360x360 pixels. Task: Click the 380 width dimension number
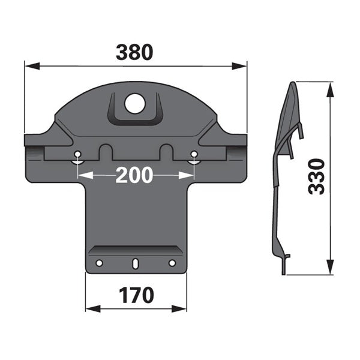(134, 52)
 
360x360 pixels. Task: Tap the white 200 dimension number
(134, 175)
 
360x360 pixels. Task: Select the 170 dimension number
(136, 295)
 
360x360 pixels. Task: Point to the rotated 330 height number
(317, 176)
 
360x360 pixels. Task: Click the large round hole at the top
(135, 103)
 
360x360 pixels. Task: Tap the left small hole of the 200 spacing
(78, 154)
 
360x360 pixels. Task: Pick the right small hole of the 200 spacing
(194, 154)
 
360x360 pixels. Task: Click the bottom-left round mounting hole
(99, 263)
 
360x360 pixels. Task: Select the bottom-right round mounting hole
(172, 263)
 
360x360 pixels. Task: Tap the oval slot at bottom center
(136, 263)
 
